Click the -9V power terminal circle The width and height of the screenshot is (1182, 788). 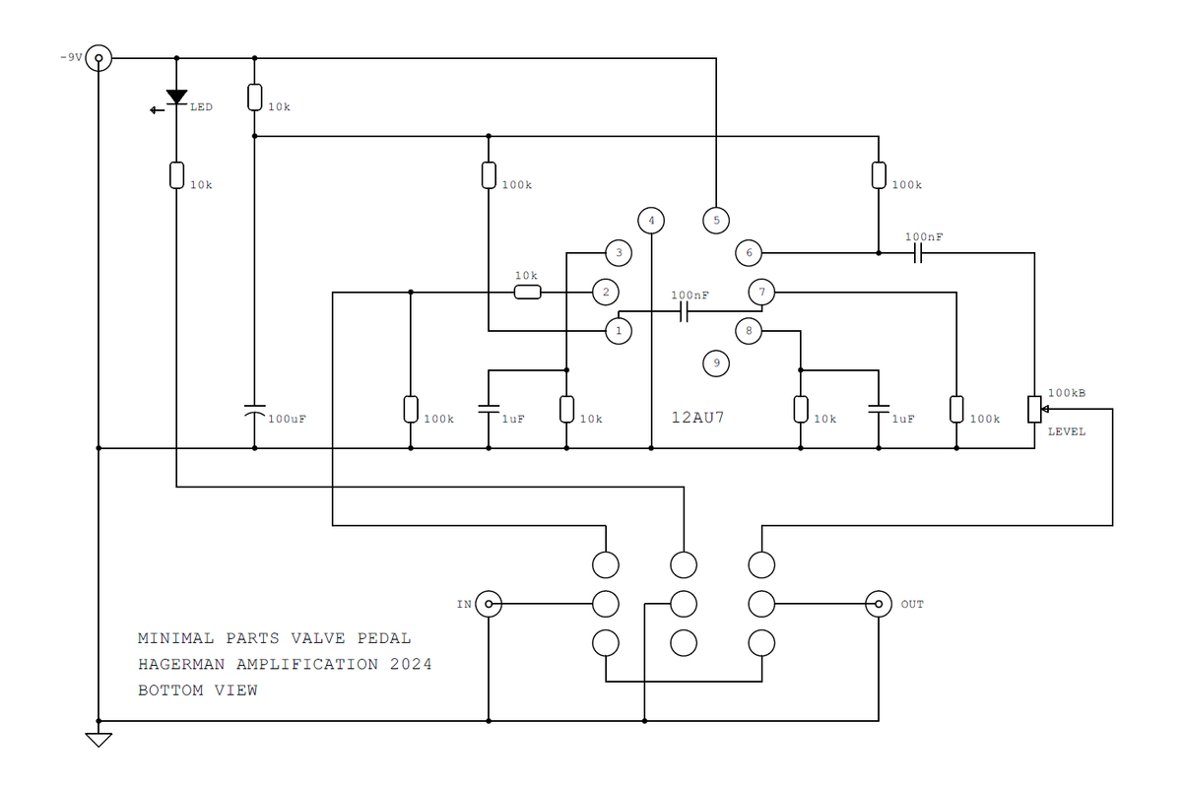click(x=98, y=58)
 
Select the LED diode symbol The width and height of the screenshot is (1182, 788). click(x=176, y=97)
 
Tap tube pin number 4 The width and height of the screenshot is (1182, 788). click(x=651, y=220)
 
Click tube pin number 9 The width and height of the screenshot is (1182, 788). click(x=716, y=363)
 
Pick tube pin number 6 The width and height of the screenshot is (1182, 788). click(x=749, y=253)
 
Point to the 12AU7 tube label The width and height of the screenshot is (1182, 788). click(x=698, y=418)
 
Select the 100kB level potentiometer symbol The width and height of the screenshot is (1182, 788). click(x=1035, y=409)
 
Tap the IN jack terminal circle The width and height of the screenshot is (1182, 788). click(x=489, y=603)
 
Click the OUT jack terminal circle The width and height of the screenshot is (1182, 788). click(x=879, y=603)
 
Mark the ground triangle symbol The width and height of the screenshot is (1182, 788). click(x=98, y=739)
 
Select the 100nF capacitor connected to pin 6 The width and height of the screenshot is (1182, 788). click(x=917, y=253)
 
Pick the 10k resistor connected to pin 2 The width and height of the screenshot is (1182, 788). click(x=527, y=292)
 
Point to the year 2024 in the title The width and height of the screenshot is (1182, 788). click(x=410, y=664)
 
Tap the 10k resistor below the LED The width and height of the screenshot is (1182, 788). click(x=176, y=175)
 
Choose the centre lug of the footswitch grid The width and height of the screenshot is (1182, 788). click(x=684, y=603)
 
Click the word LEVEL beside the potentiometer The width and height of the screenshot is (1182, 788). click(x=1067, y=431)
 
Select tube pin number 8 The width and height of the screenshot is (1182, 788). click(x=749, y=331)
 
